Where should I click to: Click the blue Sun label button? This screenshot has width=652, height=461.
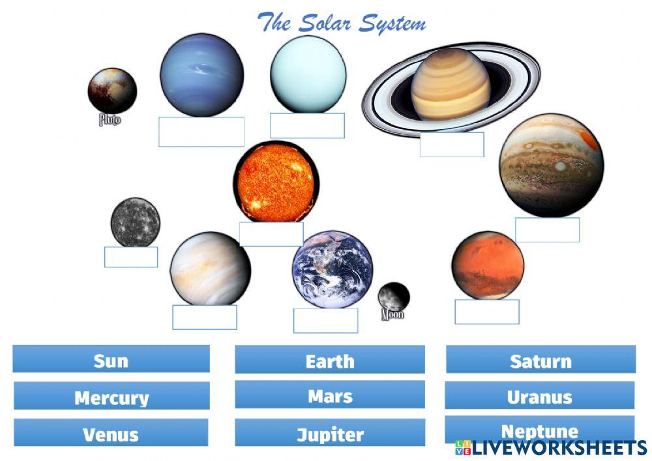(x=111, y=359)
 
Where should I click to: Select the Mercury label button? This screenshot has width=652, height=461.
(x=111, y=396)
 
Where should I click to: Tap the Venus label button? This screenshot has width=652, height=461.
(x=111, y=433)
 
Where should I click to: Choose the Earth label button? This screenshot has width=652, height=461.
(x=329, y=360)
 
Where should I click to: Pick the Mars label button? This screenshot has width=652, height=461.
(x=329, y=395)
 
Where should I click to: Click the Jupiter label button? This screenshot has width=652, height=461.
(x=329, y=433)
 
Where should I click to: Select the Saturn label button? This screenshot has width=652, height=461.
(x=540, y=360)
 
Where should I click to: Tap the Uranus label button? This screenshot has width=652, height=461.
(x=540, y=396)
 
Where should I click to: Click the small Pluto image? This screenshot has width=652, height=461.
(x=112, y=91)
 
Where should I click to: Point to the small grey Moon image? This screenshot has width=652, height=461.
(x=394, y=296)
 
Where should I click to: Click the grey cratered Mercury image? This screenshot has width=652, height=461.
(x=135, y=222)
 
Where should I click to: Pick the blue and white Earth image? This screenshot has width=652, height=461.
(x=333, y=269)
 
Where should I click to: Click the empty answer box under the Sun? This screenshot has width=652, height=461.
(x=271, y=234)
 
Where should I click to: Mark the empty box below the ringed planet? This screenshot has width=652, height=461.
(x=451, y=145)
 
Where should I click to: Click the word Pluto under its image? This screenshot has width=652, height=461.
(x=110, y=120)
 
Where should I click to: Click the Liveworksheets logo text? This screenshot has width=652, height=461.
(x=557, y=448)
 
